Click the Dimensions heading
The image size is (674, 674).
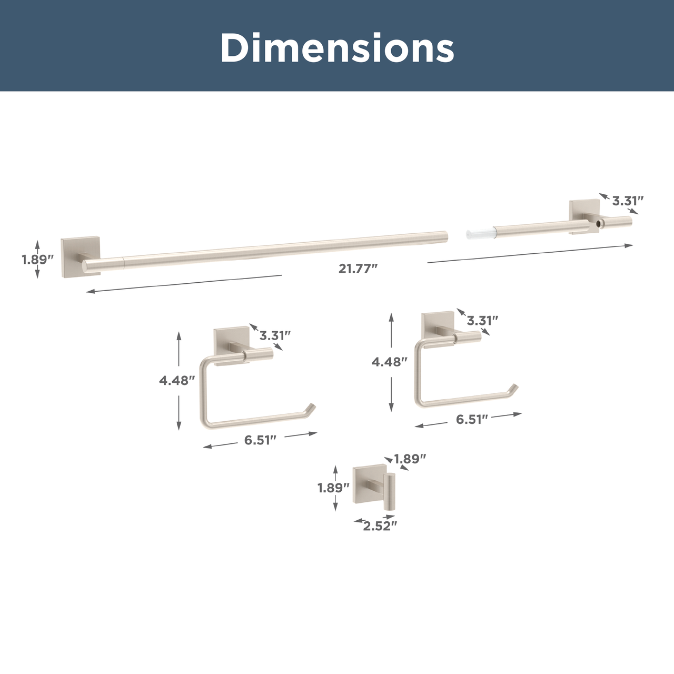point(337,47)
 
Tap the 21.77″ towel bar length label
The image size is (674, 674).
point(358,269)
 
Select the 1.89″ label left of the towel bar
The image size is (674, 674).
point(37,260)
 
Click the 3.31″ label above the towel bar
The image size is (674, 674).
point(628,201)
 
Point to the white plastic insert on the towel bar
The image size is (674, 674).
point(480,232)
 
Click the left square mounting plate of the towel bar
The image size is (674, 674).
point(81,258)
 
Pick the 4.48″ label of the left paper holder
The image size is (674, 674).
point(176,381)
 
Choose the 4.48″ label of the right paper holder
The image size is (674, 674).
point(389,362)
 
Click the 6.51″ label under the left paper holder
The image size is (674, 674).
point(260,440)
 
